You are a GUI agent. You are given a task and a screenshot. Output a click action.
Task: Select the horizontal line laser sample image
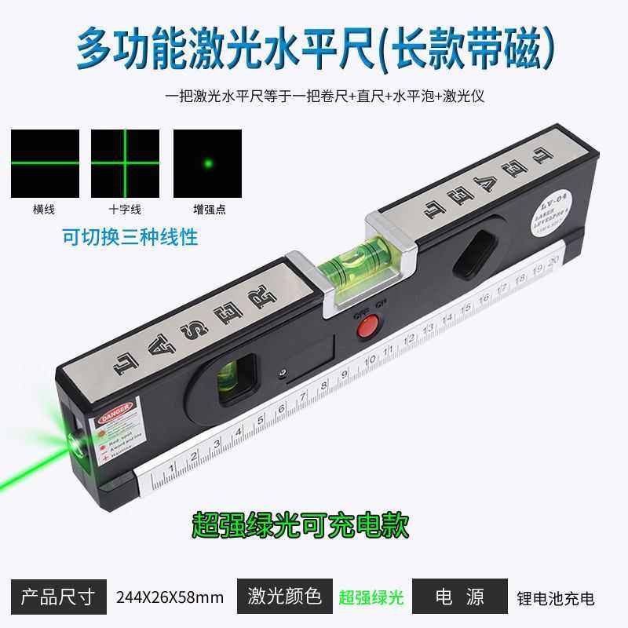click(45, 163)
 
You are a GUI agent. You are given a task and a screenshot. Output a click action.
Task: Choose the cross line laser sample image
click(126, 163)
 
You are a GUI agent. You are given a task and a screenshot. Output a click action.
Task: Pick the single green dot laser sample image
click(207, 163)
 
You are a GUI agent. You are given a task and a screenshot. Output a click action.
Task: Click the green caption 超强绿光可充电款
click(301, 524)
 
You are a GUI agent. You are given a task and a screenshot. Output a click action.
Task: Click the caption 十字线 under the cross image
click(126, 210)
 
